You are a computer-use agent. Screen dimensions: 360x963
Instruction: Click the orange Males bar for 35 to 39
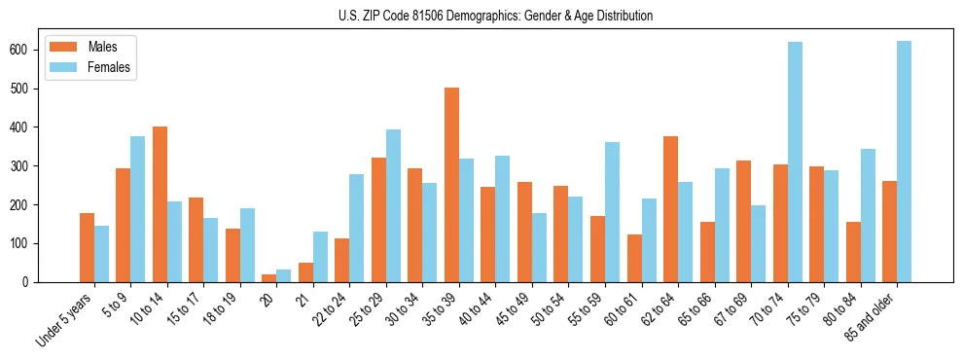(x=451, y=185)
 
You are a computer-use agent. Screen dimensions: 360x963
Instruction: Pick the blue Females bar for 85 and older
(x=904, y=162)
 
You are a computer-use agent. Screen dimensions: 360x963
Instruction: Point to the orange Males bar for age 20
(x=269, y=278)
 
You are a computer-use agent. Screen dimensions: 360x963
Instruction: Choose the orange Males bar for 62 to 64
(x=670, y=209)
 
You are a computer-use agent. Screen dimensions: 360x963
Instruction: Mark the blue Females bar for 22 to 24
(x=357, y=228)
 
